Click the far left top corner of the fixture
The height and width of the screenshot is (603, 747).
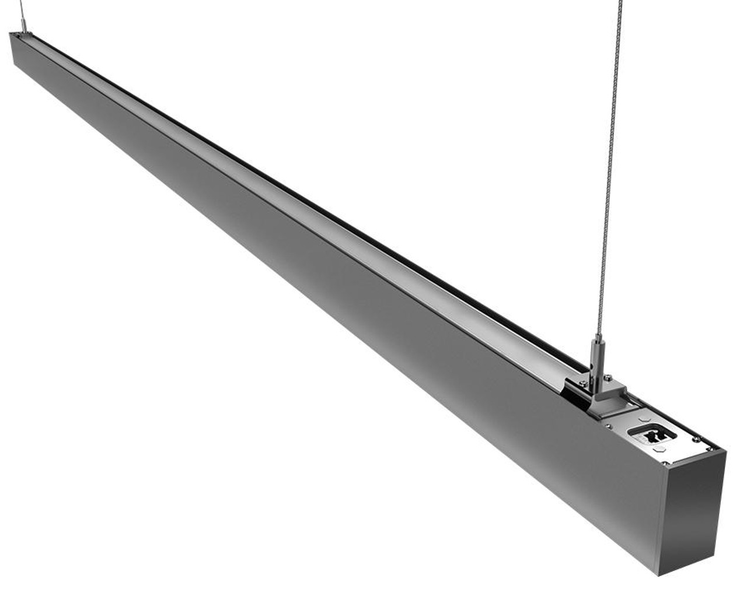click(11, 34)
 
